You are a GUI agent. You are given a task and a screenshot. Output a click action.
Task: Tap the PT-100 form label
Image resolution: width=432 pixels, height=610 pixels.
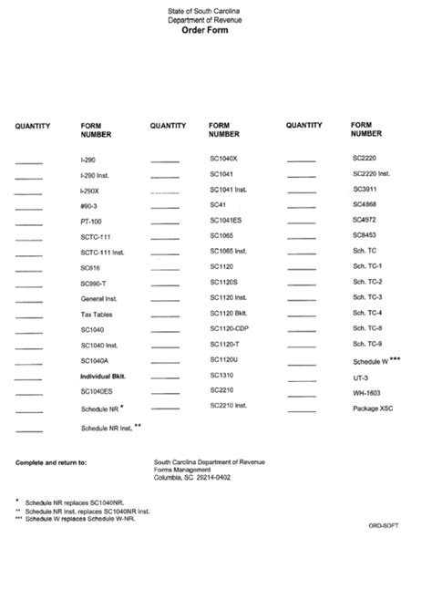coord(90,222)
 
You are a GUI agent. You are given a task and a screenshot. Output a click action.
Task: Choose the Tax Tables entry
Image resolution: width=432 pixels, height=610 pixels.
coord(96,314)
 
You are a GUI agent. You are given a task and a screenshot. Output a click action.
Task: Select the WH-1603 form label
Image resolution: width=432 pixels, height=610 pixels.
coord(366,392)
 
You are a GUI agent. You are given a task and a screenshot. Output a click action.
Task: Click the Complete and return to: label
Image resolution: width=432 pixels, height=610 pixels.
coord(51,462)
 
